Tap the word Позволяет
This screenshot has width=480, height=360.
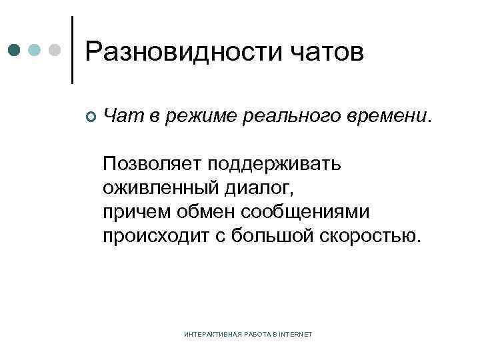149,164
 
